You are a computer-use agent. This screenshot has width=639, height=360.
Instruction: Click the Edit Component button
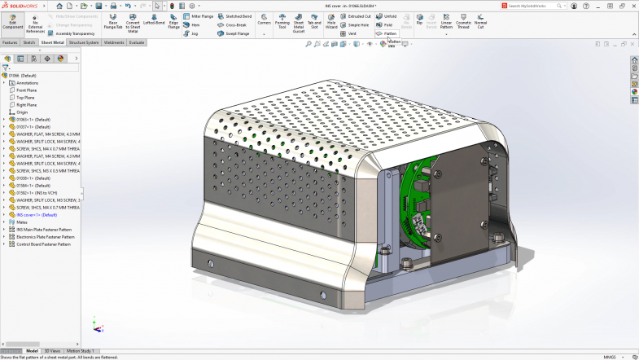[x=12, y=22]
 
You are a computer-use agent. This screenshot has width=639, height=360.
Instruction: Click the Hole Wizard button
[x=331, y=22]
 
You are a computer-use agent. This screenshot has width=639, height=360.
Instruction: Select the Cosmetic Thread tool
[x=463, y=22]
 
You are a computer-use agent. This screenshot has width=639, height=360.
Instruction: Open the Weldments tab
[x=114, y=42]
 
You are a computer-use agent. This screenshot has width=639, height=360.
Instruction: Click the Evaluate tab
[x=137, y=42]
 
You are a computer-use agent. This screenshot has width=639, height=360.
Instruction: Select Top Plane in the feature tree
[x=26, y=97]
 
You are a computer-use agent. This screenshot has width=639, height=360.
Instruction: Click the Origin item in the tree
[x=22, y=112]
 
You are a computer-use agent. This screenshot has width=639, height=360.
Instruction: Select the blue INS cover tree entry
[x=37, y=214]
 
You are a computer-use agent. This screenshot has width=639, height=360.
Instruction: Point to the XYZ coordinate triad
[x=96, y=324]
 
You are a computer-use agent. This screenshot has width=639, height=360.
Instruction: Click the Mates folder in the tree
[x=22, y=222]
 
